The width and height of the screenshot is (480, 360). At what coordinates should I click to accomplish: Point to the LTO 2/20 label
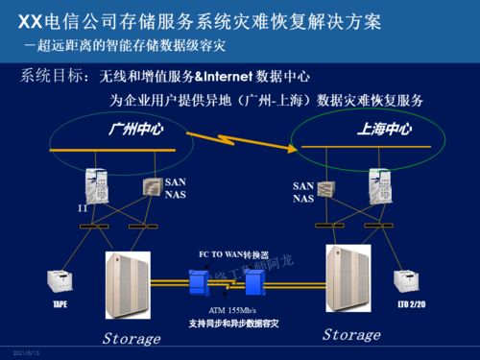click(x=409, y=303)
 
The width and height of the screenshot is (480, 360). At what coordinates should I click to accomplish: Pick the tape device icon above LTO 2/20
click(x=407, y=281)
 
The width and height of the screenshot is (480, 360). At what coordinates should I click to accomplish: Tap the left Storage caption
click(x=132, y=339)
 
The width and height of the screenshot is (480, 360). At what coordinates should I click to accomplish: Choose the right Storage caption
click(x=351, y=334)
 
